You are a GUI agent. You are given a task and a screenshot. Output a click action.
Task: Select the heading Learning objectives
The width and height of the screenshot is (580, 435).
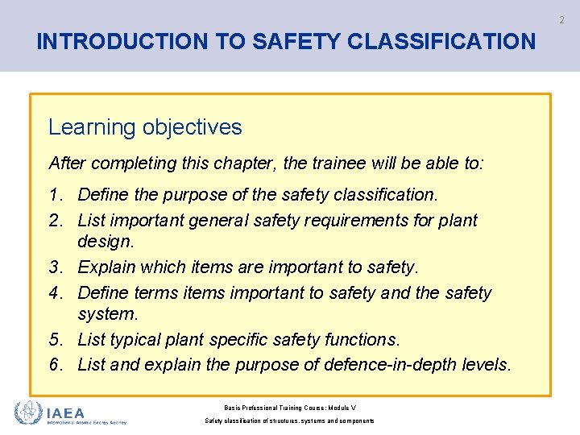click(x=145, y=127)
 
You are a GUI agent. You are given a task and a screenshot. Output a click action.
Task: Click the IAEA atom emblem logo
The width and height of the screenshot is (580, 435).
click(x=29, y=413)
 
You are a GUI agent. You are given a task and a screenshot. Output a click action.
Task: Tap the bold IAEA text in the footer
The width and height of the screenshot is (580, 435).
click(x=65, y=412)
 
